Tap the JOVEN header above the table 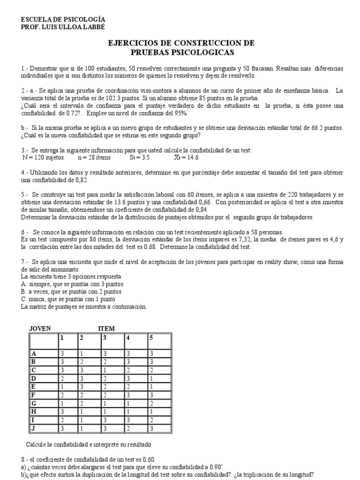[x=40, y=329]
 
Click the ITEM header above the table [x=106, y=329]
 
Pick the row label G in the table [x=33, y=403]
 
